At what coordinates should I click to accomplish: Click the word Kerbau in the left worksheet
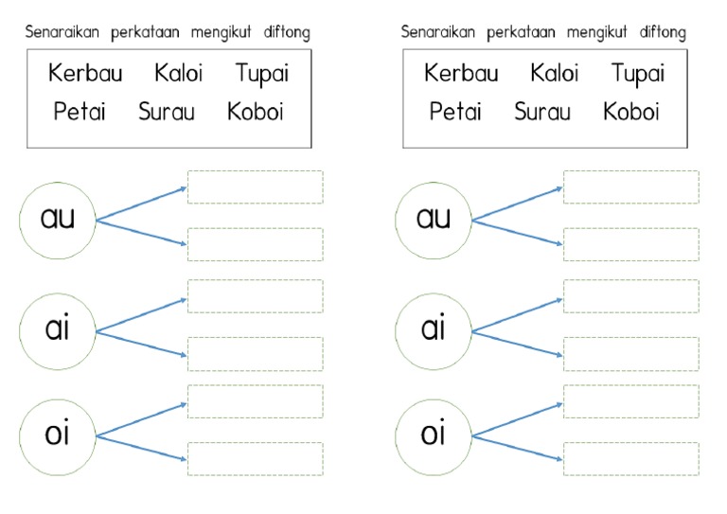(85, 74)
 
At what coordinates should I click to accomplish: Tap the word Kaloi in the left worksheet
(178, 73)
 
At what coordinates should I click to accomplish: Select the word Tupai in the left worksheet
(261, 74)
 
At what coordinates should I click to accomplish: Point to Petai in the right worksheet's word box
(455, 112)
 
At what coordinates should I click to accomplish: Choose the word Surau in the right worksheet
(542, 112)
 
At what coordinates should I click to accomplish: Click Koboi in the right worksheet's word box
(630, 112)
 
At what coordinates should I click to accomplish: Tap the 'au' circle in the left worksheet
(58, 220)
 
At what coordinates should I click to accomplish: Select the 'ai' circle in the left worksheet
(58, 329)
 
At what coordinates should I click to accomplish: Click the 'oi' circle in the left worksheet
(58, 435)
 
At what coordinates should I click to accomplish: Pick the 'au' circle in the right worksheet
(434, 220)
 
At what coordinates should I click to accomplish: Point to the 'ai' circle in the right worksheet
(434, 329)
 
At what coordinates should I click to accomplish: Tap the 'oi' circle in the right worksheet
(434, 435)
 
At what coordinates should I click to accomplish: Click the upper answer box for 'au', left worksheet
(255, 186)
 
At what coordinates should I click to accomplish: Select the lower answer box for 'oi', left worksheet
(255, 459)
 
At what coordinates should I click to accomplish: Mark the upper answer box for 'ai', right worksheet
(630, 295)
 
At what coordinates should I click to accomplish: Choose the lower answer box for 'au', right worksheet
(630, 244)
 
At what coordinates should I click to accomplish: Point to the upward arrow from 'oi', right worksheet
(518, 419)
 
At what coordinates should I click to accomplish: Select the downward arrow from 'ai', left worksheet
(142, 344)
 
